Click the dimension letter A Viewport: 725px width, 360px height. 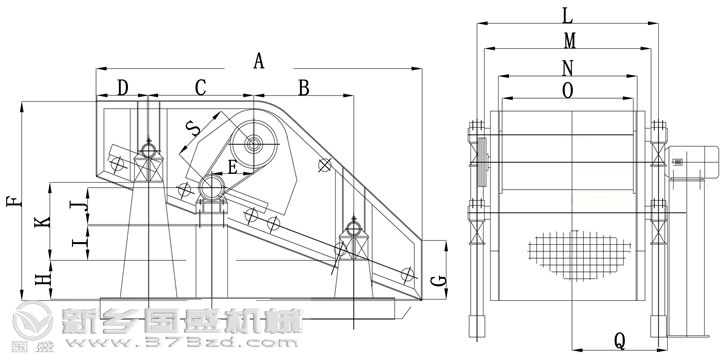260,61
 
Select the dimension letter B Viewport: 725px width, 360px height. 304,88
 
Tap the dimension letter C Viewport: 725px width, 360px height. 200,88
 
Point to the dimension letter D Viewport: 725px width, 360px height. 123,88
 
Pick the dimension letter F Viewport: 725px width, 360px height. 11,200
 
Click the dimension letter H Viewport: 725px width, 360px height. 41,279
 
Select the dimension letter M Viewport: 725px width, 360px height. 568,41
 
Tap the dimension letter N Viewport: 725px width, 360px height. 568,67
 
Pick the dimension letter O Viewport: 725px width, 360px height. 568,91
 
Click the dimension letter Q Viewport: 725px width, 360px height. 620,341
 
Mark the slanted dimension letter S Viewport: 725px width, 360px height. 193,128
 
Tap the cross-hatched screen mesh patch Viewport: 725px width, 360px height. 581,255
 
